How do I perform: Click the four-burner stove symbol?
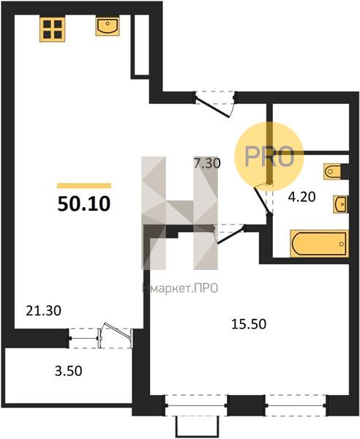click(x=53, y=29)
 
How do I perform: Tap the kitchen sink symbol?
click(x=108, y=26)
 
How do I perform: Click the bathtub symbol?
click(x=319, y=244)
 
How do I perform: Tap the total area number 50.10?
click(x=84, y=204)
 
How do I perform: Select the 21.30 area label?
click(x=43, y=310)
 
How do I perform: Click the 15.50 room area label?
click(x=249, y=324)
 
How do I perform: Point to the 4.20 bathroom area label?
click(x=301, y=197)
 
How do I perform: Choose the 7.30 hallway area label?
click(x=207, y=163)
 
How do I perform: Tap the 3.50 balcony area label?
click(x=69, y=371)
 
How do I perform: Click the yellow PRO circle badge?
click(x=269, y=157)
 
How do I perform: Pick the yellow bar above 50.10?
click(x=84, y=186)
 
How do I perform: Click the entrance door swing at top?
click(x=214, y=107)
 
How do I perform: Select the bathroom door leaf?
click(x=263, y=200)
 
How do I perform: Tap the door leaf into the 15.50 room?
click(x=231, y=236)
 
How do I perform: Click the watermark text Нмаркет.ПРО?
click(x=180, y=288)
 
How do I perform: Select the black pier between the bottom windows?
click(x=246, y=405)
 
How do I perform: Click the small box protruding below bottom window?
click(x=197, y=427)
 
